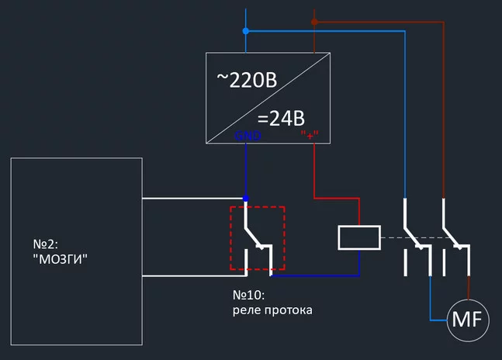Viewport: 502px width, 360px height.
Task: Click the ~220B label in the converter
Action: [246, 79]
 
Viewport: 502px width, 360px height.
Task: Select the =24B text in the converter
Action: [280, 119]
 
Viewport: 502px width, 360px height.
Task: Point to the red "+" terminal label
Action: [310, 136]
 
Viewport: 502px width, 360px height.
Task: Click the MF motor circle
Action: [467, 320]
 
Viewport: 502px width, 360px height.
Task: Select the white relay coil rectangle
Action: [359, 238]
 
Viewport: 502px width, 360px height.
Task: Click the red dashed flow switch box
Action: [257, 237]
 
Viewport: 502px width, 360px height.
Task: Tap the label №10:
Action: [250, 296]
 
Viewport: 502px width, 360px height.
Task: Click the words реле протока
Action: [272, 310]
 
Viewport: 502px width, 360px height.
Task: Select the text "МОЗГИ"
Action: [61, 260]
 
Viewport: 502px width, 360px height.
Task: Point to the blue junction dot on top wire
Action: [246, 31]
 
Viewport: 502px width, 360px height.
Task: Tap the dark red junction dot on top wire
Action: [314, 22]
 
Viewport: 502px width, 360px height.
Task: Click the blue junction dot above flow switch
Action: [246, 199]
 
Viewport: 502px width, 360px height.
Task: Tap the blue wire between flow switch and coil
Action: [314, 275]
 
